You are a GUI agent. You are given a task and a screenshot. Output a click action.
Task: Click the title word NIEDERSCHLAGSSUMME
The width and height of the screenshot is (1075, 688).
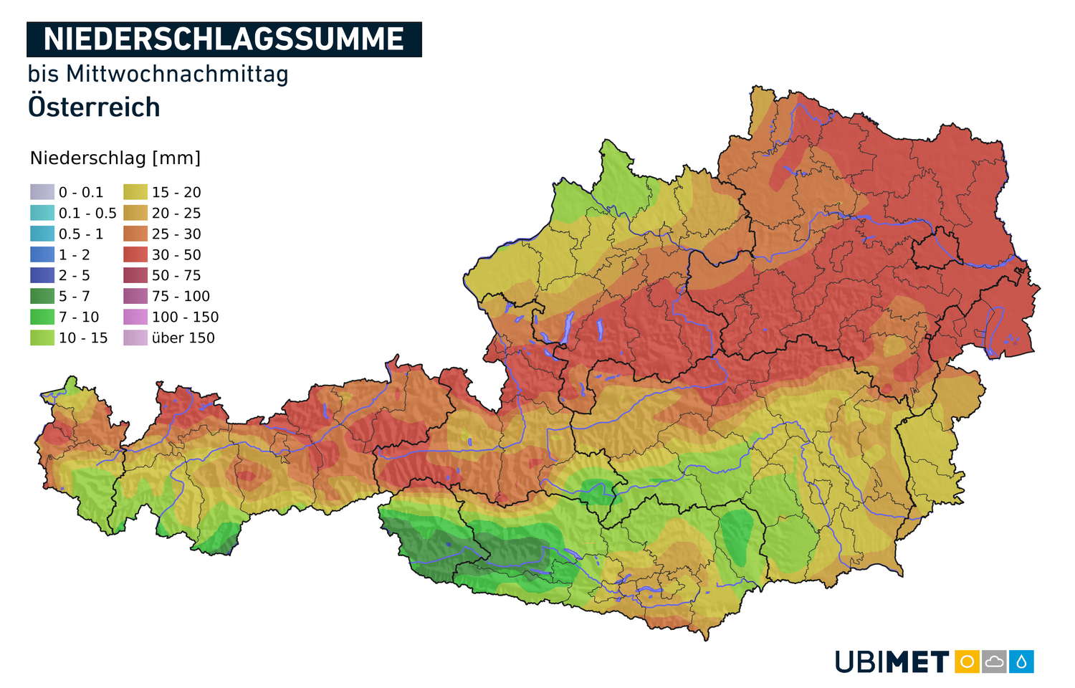224,39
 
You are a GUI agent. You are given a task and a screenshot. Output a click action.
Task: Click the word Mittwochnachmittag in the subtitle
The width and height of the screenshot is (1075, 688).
177,74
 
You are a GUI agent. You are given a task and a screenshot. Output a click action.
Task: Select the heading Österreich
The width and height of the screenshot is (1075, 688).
94,107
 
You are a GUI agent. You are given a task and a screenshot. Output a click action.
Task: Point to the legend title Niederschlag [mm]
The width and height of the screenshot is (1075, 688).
115,158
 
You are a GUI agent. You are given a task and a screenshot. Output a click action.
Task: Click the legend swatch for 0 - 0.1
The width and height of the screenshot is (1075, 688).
42,192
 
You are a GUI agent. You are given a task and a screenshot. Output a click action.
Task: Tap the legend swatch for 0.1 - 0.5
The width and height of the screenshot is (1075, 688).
42,213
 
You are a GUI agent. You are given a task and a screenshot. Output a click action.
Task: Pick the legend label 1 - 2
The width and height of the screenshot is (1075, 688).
75,255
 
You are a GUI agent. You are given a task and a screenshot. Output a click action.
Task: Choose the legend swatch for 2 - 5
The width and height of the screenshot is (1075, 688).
42,275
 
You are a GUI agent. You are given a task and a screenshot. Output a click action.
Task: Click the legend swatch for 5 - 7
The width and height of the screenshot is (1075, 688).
42,296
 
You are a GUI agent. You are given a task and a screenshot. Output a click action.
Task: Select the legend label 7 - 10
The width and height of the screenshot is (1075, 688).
79,317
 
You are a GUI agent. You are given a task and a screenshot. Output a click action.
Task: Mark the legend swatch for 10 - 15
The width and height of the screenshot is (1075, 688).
42,338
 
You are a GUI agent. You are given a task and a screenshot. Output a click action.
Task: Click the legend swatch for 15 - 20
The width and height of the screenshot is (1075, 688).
135,192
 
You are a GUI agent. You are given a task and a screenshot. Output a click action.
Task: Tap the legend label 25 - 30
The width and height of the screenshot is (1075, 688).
176,234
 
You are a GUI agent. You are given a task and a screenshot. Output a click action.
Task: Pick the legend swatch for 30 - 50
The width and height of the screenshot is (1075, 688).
135,254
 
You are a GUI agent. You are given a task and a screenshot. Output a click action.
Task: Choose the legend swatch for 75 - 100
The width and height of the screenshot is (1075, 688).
135,296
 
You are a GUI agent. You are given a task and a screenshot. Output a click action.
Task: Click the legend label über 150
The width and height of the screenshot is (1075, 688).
183,338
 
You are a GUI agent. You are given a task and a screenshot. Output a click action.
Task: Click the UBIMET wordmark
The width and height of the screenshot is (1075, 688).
892,661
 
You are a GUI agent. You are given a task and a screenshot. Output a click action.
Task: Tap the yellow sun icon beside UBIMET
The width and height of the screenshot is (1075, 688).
967,661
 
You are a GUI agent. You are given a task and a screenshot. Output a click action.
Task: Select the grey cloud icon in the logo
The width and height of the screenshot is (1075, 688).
994,661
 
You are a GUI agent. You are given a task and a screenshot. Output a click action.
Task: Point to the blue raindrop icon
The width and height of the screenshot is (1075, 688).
1021,661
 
